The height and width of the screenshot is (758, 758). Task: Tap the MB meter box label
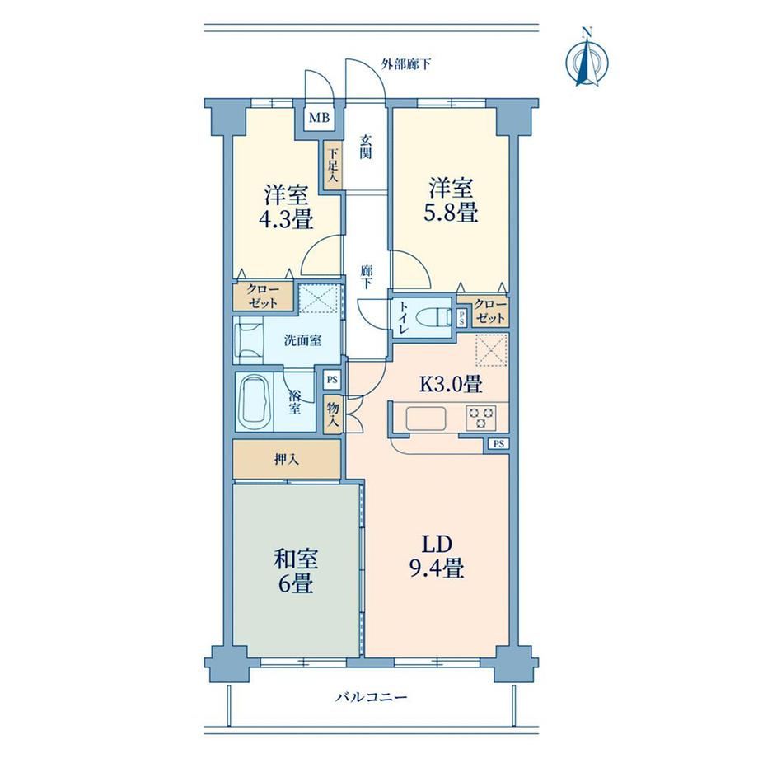pyautogui.click(x=319, y=118)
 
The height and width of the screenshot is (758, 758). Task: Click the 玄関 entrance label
pyautogui.click(x=366, y=147)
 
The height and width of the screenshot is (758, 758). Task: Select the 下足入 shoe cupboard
pyautogui.click(x=333, y=166)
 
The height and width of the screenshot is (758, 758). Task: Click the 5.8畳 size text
pyautogui.click(x=451, y=212)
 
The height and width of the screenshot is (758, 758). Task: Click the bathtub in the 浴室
pyautogui.click(x=255, y=400)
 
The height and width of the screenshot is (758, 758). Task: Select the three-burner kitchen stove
pyautogui.click(x=481, y=418)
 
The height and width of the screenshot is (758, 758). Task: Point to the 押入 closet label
pyautogui.click(x=287, y=459)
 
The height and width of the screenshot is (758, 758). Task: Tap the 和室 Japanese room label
pyautogui.click(x=296, y=559)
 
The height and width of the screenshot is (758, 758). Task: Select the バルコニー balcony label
pyautogui.click(x=372, y=696)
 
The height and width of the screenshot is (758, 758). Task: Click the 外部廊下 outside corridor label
pyautogui.click(x=406, y=64)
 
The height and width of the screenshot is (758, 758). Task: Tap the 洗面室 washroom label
pyautogui.click(x=302, y=340)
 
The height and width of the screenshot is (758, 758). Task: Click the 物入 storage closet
pyautogui.click(x=333, y=414)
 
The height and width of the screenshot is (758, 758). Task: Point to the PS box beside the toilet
pyautogui.click(x=461, y=317)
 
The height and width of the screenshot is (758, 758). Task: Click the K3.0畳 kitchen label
pyautogui.click(x=450, y=384)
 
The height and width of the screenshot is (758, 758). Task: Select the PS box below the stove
pyautogui.click(x=498, y=444)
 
